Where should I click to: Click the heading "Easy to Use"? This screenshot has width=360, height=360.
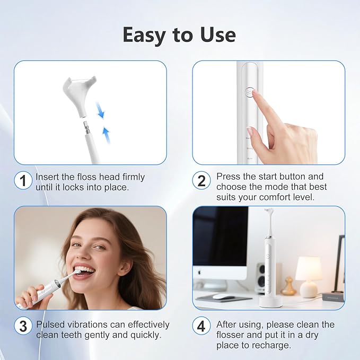179,34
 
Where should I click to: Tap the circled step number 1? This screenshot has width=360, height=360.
22,181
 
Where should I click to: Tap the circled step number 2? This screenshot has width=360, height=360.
201,181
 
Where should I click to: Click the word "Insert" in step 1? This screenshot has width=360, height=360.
47,177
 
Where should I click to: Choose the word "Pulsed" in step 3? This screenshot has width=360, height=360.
51,324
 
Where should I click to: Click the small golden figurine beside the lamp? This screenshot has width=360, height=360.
288,287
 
